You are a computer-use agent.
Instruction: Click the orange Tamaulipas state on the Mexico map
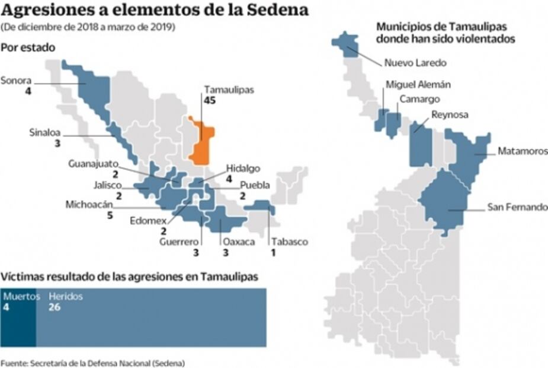point(201,141)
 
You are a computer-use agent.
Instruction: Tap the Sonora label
point(16,81)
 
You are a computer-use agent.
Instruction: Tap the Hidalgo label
point(243,169)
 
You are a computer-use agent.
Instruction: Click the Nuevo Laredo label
point(415,63)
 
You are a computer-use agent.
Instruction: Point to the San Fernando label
point(517,207)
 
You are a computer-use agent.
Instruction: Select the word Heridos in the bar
point(66,296)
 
